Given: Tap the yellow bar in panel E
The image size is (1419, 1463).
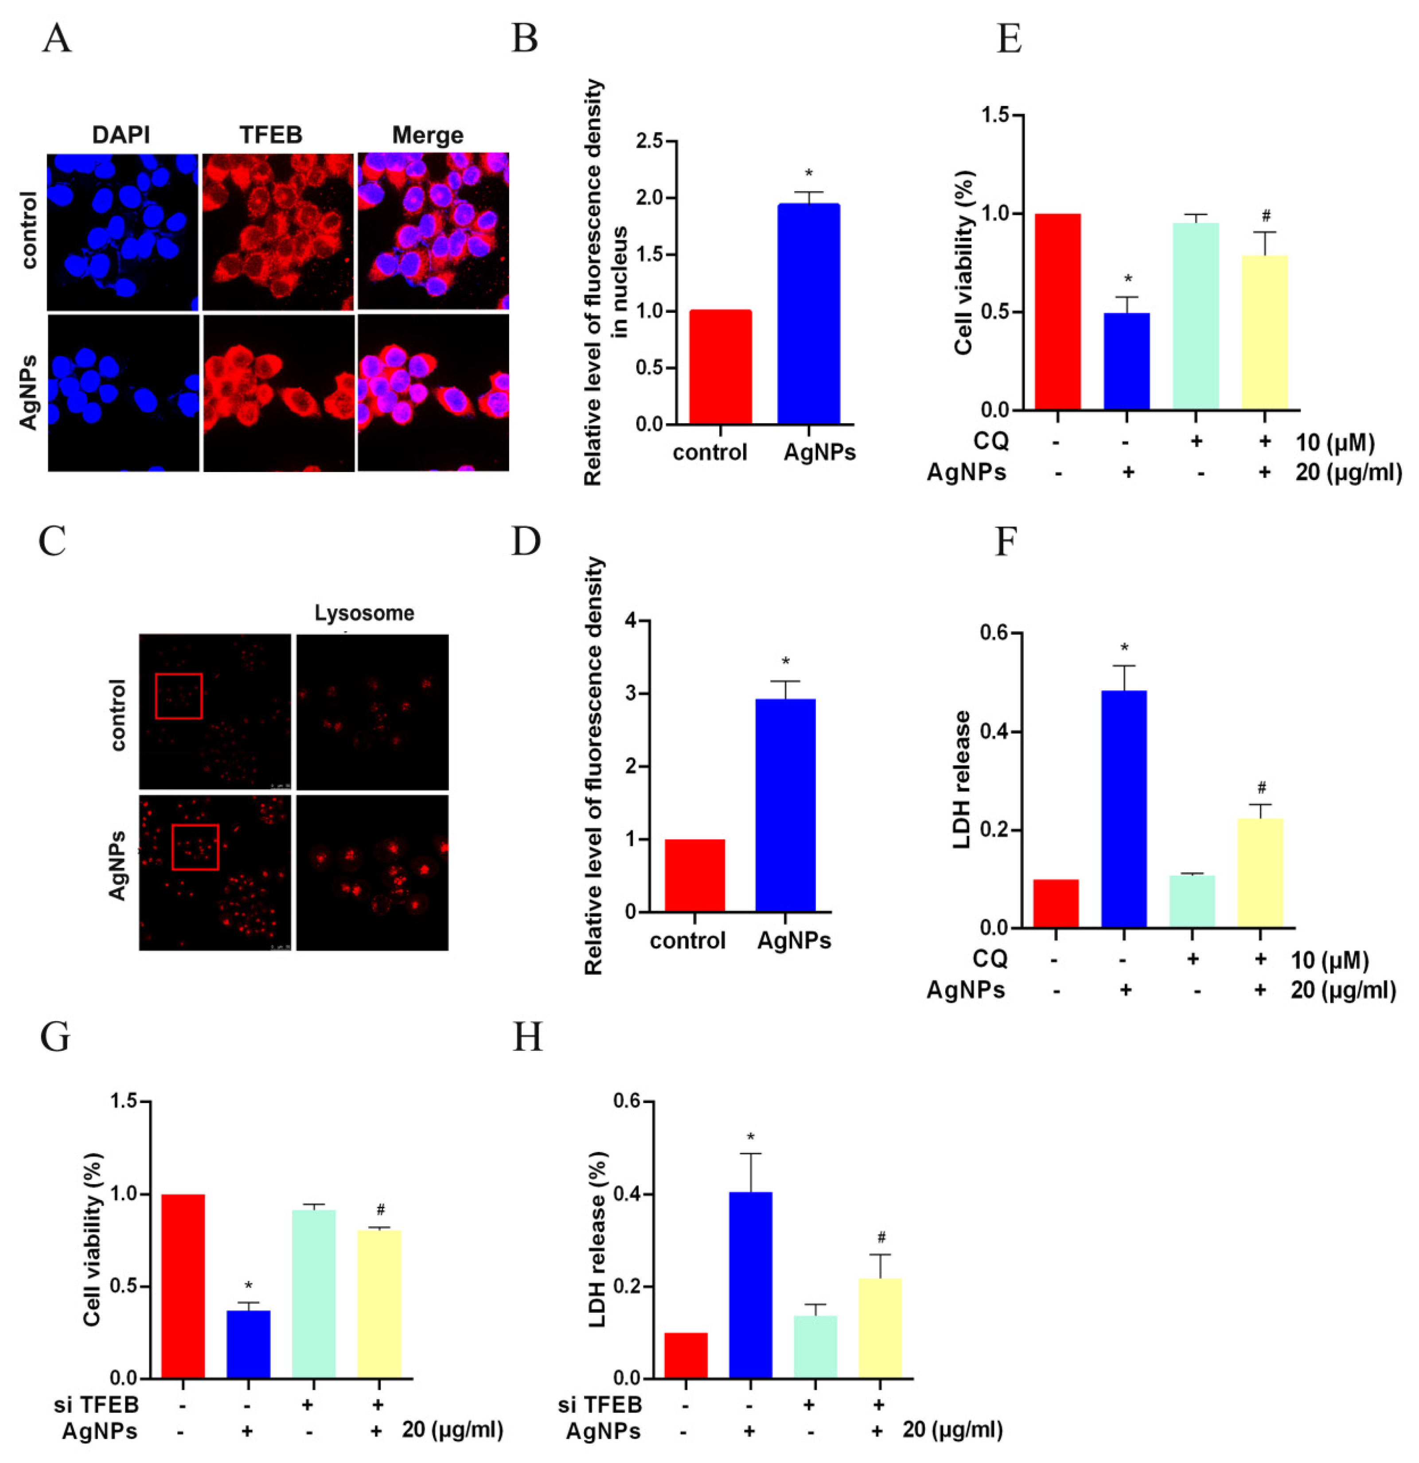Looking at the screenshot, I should (x=1264, y=332).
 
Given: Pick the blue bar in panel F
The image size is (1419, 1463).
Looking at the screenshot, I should (x=1123, y=809).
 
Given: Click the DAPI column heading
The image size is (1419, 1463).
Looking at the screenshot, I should (x=121, y=135).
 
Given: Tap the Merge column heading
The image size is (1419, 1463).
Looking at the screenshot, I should (x=428, y=135).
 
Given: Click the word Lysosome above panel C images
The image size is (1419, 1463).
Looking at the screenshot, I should (x=364, y=613).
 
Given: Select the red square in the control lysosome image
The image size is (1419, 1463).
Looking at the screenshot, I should (x=179, y=696).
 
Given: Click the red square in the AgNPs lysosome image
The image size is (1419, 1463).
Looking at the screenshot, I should (x=195, y=847).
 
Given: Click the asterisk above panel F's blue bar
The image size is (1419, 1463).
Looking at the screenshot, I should (x=1124, y=648).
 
